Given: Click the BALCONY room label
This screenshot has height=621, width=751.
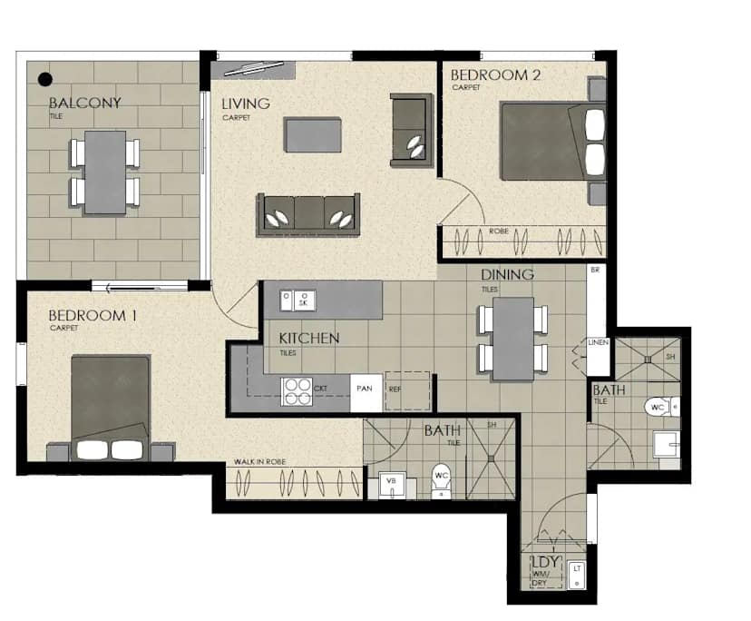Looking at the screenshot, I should [x=84, y=103].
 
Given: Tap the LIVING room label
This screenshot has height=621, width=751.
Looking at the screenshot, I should [x=246, y=103].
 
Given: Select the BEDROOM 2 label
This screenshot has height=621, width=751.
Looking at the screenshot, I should [x=495, y=75].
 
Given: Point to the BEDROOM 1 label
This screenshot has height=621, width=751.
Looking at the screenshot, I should [x=93, y=315].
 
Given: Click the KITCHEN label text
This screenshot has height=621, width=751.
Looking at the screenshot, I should [x=308, y=339].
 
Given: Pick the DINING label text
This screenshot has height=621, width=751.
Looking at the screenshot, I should [x=507, y=274].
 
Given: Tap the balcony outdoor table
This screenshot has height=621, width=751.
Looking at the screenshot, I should [x=105, y=172].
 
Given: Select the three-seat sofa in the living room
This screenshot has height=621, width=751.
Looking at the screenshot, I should [x=308, y=214].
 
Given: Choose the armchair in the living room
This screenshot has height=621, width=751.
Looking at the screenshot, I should [x=412, y=130].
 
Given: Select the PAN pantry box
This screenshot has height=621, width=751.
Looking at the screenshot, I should [x=366, y=391].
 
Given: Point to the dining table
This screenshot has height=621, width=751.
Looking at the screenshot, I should [x=512, y=339].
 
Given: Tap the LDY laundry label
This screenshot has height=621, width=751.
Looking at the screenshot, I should [x=543, y=561].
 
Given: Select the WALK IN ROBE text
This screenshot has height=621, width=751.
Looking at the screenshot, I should [x=260, y=462].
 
